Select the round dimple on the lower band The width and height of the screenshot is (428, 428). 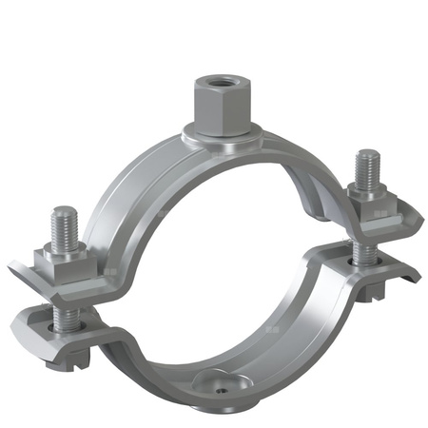click(213, 383)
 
